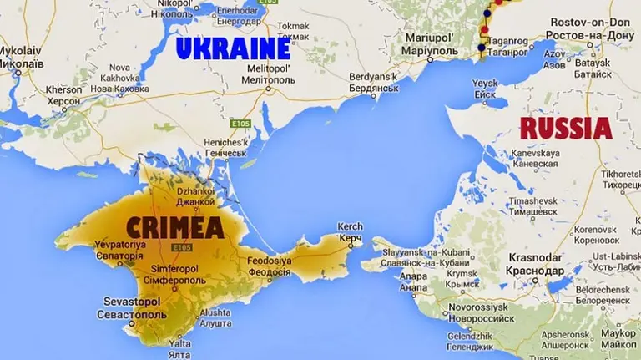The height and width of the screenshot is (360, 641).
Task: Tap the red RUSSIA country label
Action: (x=565, y=129)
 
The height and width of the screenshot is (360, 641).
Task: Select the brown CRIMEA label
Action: (x=174, y=226)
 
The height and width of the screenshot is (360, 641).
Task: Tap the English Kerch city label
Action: (x=349, y=226)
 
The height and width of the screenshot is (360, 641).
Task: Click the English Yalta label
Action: (x=180, y=343)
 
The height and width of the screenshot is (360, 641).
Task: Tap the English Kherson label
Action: (x=64, y=89)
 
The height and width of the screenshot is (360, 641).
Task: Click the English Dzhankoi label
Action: (x=194, y=190)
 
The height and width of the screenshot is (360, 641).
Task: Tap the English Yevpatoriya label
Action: (x=120, y=244)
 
